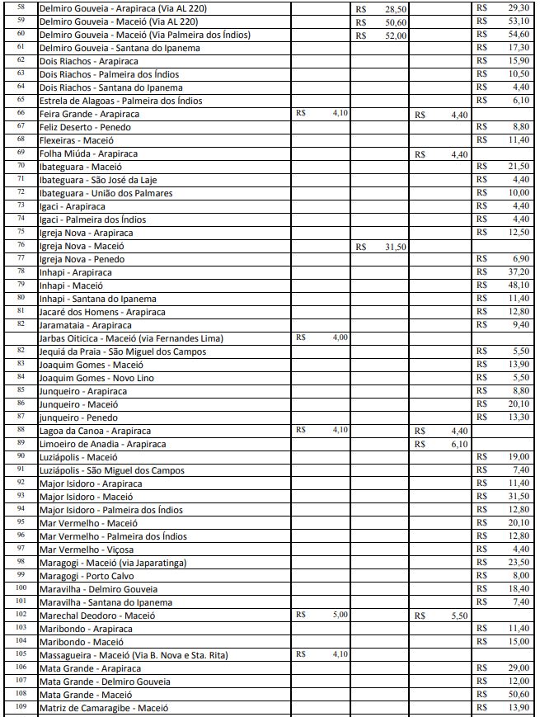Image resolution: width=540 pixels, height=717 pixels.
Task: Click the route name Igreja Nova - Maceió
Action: pos(82,246)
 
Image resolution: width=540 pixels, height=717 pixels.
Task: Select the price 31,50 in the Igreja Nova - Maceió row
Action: pos(396,247)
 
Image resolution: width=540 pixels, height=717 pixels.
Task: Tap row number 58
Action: pos(21,7)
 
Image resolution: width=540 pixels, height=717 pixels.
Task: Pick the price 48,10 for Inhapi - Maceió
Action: pos(518,285)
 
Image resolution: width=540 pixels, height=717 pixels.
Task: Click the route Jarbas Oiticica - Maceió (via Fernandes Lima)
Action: pos(131,338)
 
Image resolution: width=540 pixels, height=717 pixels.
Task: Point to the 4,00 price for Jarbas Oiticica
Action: pos(340,337)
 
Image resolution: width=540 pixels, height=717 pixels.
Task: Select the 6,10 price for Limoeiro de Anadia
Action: pos(459,444)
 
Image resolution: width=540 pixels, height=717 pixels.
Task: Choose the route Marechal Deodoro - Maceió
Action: pos(97,616)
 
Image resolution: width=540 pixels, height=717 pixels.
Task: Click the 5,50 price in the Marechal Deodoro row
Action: pos(459,616)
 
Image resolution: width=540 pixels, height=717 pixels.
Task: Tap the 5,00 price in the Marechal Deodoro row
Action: pos(340,615)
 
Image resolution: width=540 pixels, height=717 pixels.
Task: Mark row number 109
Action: pos(21,707)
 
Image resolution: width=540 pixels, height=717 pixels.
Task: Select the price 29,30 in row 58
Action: pos(518,8)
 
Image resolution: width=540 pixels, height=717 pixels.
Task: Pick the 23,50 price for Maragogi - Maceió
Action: pos(518,563)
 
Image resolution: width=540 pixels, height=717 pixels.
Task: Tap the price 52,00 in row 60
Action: pos(396,35)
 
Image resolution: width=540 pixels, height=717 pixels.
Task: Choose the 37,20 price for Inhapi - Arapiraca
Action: pos(518,272)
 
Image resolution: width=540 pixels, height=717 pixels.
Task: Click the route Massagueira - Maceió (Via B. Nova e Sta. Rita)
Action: pos(134,655)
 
